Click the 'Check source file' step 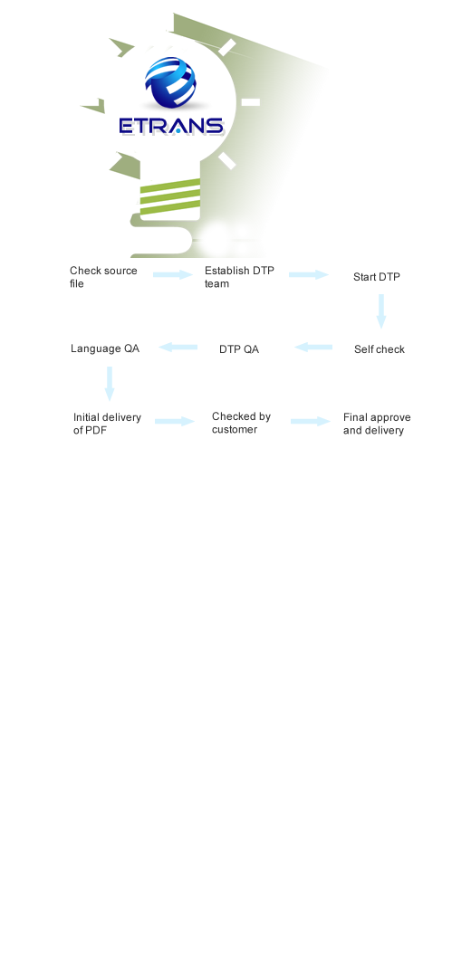pos(103,277)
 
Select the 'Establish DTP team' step pos(239,277)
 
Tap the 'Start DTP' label pos(376,277)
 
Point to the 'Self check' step pos(380,349)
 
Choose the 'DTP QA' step pos(239,349)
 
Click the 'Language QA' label pos(105,348)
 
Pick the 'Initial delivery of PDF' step pos(107,424)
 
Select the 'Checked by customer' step pos(241,423)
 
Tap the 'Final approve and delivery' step pos(377,424)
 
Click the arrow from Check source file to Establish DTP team pos(173,274)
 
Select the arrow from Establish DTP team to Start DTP pos(309,274)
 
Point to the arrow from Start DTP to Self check pos(381,311)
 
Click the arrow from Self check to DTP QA pos(313,348)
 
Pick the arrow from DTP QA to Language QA pos(178,348)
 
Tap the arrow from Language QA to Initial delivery pos(110,384)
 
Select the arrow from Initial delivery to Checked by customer pos(175,421)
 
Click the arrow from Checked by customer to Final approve pos(311,421)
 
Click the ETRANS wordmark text pos(171,126)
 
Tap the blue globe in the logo pos(170,82)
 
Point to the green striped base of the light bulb pos(170,196)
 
